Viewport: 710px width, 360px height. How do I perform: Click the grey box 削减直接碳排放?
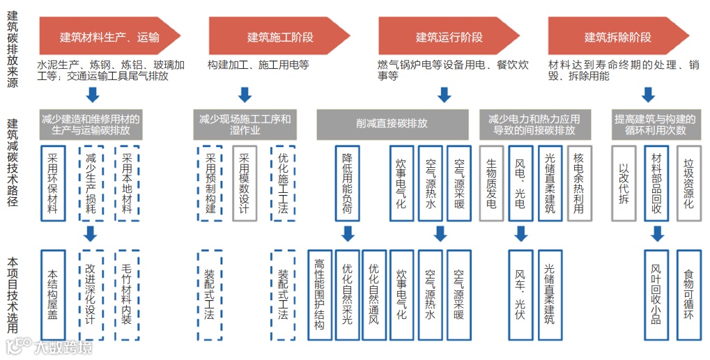click(392, 124)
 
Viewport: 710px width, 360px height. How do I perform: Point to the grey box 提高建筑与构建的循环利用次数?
click(649, 124)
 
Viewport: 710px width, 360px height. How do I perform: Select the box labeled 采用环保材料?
click(53, 183)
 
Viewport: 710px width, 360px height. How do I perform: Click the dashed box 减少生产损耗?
click(91, 183)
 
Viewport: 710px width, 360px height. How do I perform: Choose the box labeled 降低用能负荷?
click(347, 183)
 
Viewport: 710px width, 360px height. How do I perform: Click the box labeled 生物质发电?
click(491, 183)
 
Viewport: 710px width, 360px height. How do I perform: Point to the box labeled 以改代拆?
click(624, 183)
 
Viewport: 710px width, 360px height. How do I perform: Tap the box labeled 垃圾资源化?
click(688, 183)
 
